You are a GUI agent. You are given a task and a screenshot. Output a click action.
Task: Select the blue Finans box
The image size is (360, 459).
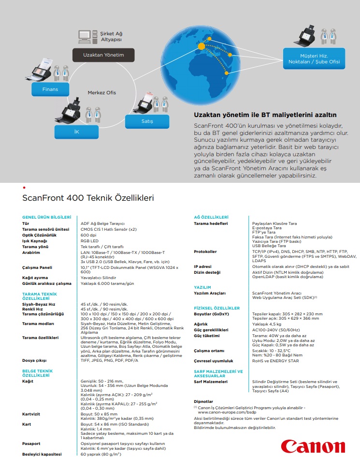tap(50, 89)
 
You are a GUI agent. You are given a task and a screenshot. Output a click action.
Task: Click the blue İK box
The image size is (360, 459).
tap(76, 132)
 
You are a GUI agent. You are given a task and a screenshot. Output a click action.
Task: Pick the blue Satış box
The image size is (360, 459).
tap(147, 121)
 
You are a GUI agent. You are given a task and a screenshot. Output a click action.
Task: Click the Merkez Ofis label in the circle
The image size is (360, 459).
tap(101, 92)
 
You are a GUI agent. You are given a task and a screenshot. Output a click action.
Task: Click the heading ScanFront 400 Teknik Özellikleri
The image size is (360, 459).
tap(88, 198)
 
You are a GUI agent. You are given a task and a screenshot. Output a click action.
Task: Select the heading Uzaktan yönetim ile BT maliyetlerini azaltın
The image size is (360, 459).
tap(265, 115)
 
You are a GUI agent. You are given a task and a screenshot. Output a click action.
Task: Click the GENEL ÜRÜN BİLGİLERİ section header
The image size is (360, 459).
tap(46, 217)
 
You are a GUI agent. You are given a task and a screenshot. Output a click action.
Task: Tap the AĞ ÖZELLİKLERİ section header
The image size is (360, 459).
tap(211, 217)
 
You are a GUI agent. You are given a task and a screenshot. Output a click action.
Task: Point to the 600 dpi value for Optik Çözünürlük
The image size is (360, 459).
tap(89, 235)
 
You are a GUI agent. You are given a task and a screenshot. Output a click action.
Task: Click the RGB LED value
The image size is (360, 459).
tap(89, 241)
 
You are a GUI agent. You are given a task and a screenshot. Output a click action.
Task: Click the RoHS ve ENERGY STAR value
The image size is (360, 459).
tap(275, 361)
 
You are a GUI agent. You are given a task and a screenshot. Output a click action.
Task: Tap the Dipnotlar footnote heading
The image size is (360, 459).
tap(203, 401)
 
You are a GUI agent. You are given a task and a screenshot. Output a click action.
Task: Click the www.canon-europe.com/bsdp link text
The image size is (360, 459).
tap(222, 412)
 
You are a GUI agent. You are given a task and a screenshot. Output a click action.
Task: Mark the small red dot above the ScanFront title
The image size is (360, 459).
tap(24, 187)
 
